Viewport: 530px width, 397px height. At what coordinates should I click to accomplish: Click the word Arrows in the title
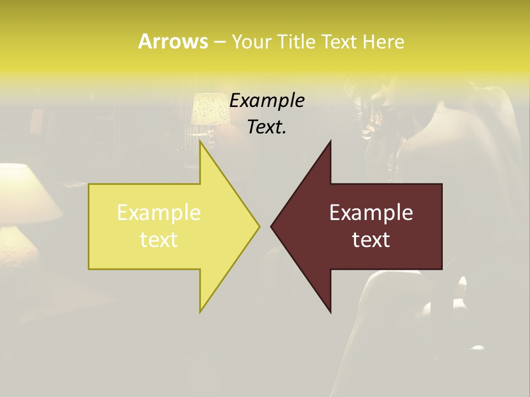tap(172, 41)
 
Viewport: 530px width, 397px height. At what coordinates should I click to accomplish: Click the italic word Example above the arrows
tap(267, 100)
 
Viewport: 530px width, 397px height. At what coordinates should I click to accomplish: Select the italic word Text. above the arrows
tap(267, 127)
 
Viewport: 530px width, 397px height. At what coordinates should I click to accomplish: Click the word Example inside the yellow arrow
tap(158, 212)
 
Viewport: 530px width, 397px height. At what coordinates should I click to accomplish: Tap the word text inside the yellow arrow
tap(158, 240)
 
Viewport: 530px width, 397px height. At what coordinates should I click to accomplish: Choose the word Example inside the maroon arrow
tap(371, 212)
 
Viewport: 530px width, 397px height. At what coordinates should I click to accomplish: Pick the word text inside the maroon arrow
tap(371, 240)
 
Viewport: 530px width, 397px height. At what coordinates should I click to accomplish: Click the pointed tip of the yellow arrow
tap(259, 226)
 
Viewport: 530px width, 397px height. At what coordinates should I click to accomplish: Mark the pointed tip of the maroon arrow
tap(271, 226)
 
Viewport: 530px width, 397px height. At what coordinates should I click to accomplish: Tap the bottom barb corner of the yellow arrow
tap(200, 312)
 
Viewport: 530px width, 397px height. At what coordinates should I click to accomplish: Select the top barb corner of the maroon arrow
tap(330, 142)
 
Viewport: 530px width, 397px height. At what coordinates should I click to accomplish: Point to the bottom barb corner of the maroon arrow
tap(330, 312)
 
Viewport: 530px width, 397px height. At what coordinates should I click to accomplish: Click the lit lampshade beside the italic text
tap(210, 109)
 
